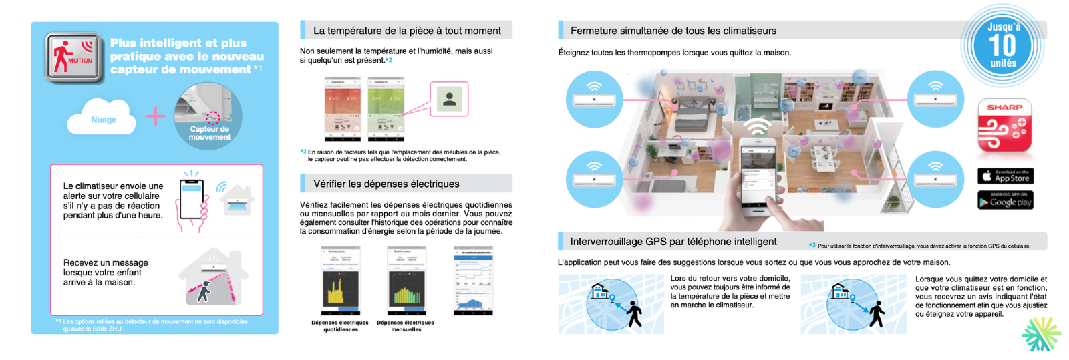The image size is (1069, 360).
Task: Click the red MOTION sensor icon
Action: tap(73, 57)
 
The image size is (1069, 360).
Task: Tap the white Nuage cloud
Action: tap(104, 119)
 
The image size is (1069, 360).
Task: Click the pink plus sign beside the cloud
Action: tap(156, 116)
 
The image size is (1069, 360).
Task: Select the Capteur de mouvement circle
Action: tap(208, 116)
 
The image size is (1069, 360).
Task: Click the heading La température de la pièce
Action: tap(407, 31)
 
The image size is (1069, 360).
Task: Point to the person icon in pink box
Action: tap(450, 99)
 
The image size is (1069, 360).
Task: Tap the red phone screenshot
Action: tap(342, 108)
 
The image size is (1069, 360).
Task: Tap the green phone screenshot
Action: tap(386, 108)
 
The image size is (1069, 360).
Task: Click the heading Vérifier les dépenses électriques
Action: tap(386, 184)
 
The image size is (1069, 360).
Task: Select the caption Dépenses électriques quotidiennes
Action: tap(340, 326)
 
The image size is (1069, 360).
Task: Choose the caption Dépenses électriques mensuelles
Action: tap(406, 326)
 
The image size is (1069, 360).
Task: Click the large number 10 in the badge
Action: tap(1002, 45)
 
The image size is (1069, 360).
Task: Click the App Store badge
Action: tap(1006, 176)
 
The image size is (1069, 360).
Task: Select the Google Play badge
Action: tap(1006, 200)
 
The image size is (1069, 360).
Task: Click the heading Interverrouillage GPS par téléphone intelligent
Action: tap(673, 242)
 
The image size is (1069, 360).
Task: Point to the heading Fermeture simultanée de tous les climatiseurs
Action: tap(673, 31)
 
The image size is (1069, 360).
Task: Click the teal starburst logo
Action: tap(1041, 333)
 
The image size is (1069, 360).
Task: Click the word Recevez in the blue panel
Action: tap(79, 263)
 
